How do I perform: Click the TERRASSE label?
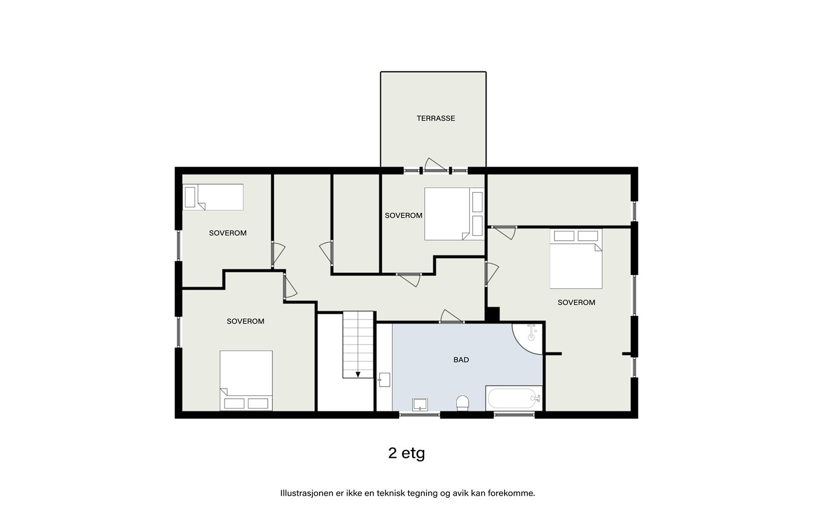pos(435,118)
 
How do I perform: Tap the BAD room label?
pos(461,360)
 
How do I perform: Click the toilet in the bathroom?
pos(462,403)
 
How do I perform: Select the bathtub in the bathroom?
pos(514,398)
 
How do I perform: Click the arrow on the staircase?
pos(358,374)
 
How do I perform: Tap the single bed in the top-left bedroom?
pos(213,197)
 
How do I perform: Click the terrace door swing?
pos(435,165)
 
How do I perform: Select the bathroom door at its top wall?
pos(451,317)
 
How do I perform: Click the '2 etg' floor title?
pos(406,453)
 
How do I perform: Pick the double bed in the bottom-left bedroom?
pos(246,380)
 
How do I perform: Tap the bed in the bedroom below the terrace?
pos(453,214)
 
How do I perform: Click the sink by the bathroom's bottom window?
pos(420,404)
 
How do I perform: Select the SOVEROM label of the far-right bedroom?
pos(576,302)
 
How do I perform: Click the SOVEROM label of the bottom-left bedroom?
pos(245,321)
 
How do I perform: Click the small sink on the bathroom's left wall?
pos(384,379)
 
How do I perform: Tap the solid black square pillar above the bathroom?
pos(492,314)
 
